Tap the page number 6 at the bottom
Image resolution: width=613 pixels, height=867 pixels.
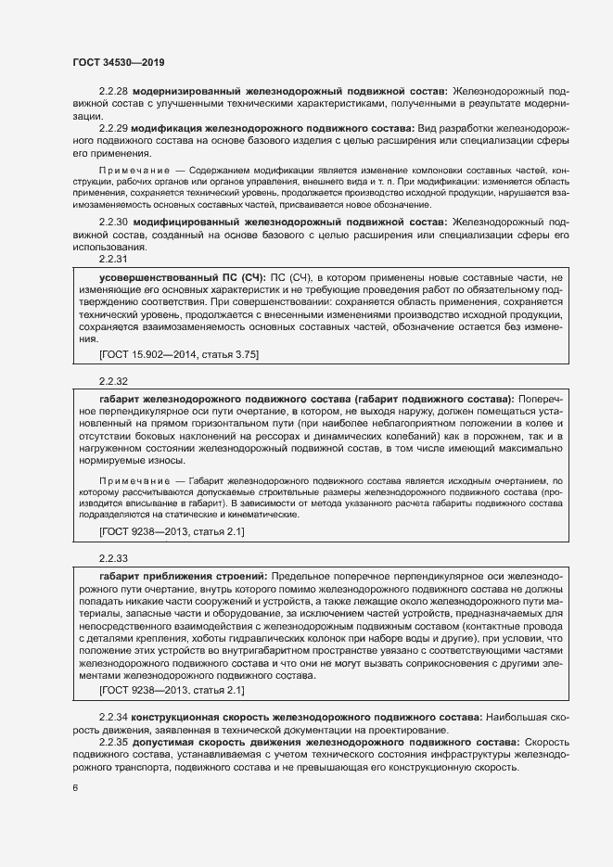75,788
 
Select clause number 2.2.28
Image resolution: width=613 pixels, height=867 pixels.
113,92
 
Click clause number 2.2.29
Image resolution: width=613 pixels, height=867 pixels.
113,127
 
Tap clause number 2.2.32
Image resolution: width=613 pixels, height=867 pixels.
113,381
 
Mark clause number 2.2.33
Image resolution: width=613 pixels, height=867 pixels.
113,558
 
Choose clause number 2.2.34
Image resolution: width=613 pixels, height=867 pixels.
113,719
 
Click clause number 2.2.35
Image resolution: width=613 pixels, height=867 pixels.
113,743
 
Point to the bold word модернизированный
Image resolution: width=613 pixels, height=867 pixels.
184,92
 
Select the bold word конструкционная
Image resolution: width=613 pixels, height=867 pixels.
173,719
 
